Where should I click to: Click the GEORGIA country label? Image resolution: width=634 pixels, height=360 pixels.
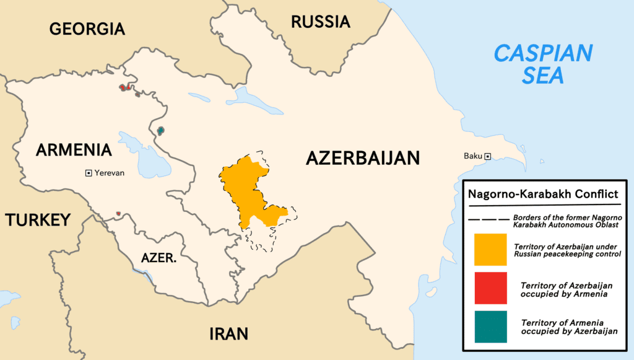point(87,29)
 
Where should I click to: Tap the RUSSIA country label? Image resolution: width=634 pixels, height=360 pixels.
point(320,22)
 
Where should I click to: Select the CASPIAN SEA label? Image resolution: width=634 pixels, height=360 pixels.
point(542,64)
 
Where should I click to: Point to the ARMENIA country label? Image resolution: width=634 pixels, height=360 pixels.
point(74,150)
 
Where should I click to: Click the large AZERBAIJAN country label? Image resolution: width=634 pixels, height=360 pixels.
point(363,158)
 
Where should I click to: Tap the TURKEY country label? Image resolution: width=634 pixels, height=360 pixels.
point(37,220)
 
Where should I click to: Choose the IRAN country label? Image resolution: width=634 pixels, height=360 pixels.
point(228,334)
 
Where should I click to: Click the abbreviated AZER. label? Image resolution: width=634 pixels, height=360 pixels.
point(158,258)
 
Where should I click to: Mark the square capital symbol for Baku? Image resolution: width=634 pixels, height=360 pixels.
point(488,156)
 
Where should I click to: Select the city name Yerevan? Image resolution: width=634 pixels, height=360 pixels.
point(110,173)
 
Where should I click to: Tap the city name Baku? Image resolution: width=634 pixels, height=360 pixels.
point(473,156)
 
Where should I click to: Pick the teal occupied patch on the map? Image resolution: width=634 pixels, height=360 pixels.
point(161,130)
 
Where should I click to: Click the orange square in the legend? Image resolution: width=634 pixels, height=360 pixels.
point(490,249)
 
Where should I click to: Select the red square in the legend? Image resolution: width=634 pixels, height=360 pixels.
point(490,288)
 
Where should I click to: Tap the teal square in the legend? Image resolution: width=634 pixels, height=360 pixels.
point(490,327)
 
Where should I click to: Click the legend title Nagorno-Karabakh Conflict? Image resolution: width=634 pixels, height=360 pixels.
point(542,194)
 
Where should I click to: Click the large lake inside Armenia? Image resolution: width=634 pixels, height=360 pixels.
point(149,160)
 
